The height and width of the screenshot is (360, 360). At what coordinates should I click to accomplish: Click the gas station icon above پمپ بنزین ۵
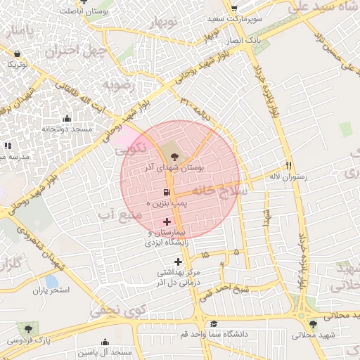(167, 192)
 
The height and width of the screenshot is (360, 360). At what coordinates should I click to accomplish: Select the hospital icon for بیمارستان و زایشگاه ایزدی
(167, 221)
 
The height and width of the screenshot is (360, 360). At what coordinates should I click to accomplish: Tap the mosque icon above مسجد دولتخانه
(67, 118)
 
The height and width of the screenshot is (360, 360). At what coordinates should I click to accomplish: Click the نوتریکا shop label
(18, 64)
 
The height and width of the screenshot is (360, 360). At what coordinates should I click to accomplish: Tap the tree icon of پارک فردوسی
(27, 328)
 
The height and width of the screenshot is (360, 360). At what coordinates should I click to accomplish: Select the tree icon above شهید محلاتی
(313, 324)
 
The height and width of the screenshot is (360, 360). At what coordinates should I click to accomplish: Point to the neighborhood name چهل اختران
(75, 51)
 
